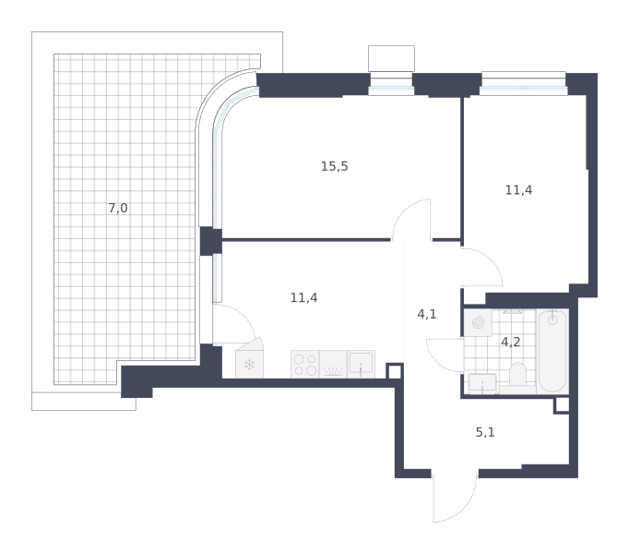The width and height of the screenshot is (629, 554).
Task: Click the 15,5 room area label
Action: [334, 166]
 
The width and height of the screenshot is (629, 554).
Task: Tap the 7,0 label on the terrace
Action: [118, 208]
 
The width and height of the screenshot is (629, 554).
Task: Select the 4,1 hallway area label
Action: [427, 314]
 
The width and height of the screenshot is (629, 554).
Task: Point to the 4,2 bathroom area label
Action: [511, 342]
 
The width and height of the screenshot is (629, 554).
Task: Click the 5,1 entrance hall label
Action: [485, 432]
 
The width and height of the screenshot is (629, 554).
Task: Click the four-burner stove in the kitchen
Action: [305, 364]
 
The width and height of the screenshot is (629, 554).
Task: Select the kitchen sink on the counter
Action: [361, 364]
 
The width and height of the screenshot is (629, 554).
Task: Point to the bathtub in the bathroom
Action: [552, 351]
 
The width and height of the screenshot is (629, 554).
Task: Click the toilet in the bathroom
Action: [517, 375]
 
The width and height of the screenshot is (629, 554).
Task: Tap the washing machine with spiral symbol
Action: [478, 322]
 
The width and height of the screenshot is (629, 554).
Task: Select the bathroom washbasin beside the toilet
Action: [482, 383]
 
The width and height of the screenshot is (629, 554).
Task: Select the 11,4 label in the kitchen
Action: [303, 297]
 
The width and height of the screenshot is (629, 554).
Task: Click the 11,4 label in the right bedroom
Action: [518, 190]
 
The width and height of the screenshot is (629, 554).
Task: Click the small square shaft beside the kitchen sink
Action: [395, 371]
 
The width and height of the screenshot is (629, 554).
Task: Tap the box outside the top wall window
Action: [391, 59]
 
